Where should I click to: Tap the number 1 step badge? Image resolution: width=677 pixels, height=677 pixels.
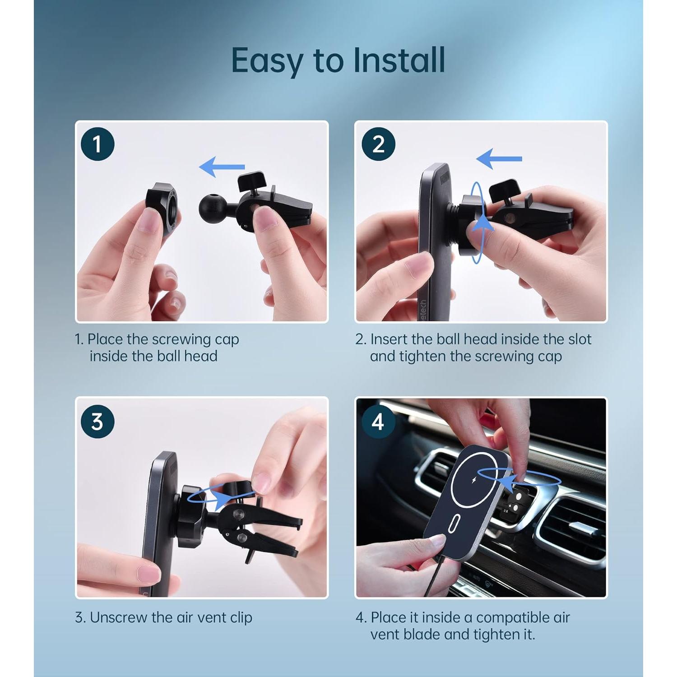click(x=97, y=144)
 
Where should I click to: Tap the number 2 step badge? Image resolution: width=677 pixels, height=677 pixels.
click(x=378, y=144)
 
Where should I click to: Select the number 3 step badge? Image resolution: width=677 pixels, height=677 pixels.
click(x=97, y=422)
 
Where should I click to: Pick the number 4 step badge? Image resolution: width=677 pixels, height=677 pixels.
click(x=378, y=422)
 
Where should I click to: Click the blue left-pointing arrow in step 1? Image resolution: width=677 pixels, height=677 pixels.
click(x=222, y=167)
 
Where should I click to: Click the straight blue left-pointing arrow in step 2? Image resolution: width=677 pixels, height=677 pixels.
click(x=499, y=159)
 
